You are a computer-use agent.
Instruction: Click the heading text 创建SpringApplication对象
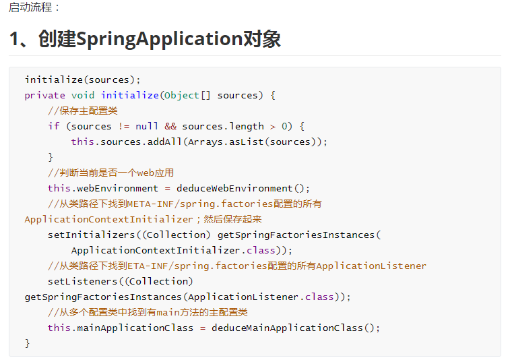[160, 38]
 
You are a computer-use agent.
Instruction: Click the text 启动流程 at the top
[30, 7]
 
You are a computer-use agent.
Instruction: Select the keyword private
[45, 95]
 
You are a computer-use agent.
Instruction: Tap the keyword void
[83, 95]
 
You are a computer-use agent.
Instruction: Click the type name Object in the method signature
[181, 95]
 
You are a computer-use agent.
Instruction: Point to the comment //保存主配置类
[83, 111]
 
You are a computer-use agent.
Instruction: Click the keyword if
[54, 126]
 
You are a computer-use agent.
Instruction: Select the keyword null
[147, 126]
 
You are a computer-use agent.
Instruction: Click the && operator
[170, 126]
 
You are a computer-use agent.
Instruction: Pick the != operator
[123, 126]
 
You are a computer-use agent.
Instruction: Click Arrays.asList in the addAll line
[226, 142]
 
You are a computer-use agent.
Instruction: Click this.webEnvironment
[103, 189]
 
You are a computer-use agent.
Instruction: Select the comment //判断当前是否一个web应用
[111, 173]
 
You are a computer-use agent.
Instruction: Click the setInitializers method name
[92, 235]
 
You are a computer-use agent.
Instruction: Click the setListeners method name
[83, 281]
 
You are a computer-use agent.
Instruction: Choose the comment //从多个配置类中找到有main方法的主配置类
[148, 313]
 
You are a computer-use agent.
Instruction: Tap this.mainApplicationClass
[121, 328]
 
